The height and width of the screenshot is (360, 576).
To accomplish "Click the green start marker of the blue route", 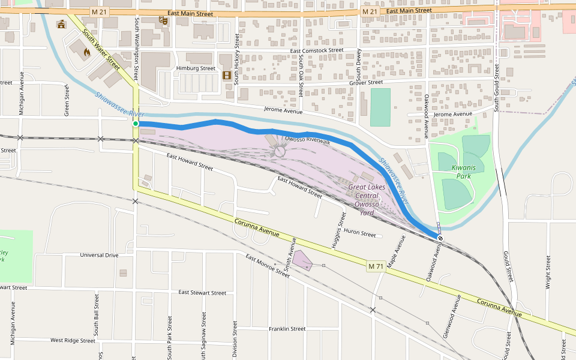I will point(136,124).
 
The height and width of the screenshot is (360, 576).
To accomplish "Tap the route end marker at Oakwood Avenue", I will point(440,238).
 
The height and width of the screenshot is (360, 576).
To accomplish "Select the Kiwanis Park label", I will point(462,172).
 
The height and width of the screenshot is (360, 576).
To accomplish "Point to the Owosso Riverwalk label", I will point(307,139).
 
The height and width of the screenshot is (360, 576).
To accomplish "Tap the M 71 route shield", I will point(375,266).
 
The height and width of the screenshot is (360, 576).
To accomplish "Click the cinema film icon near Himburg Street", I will point(227,75).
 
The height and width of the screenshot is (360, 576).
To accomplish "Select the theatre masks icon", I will point(162,20).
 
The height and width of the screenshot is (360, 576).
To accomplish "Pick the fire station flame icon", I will point(86,52).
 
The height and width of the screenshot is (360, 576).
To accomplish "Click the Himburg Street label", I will point(196,68).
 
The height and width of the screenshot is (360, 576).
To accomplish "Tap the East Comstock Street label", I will point(316,51).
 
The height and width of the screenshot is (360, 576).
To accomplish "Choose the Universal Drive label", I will point(99,255).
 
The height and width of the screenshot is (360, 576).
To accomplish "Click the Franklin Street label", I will point(287,329).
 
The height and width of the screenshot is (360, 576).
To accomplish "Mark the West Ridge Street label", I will point(73,340).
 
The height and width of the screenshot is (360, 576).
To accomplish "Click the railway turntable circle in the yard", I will point(280,152).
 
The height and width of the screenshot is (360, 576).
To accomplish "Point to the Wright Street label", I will point(548,273).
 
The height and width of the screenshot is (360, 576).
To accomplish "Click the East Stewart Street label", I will point(202,293).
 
